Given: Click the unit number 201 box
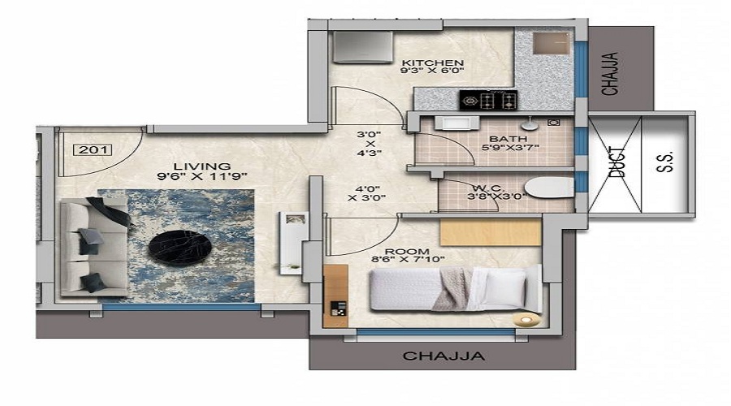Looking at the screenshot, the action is coord(93,149).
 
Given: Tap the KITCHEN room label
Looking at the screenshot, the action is coord(433,63).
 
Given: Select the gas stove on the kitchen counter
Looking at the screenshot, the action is coord(489,100).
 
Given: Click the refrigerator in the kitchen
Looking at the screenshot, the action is coord(363,46).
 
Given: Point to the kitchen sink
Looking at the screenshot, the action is coord(551,44).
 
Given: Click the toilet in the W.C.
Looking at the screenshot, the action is coord(549,188).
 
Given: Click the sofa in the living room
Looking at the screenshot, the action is coord(94,248).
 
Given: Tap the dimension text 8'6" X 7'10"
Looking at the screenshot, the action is coord(408,260).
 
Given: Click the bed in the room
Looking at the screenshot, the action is coord(456,288).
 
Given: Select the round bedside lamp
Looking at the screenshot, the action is coord(526,320).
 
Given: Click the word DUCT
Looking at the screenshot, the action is coord(616,162).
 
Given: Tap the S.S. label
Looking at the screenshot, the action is coord(665,162).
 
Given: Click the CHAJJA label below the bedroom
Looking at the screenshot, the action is coord(443,356).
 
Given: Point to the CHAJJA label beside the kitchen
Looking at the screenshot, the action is coord(610,74).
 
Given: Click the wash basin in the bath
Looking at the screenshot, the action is coord(456,123).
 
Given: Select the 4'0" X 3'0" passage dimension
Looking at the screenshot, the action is coord(367,193).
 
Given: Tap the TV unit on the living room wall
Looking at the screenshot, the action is coord(292,243).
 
